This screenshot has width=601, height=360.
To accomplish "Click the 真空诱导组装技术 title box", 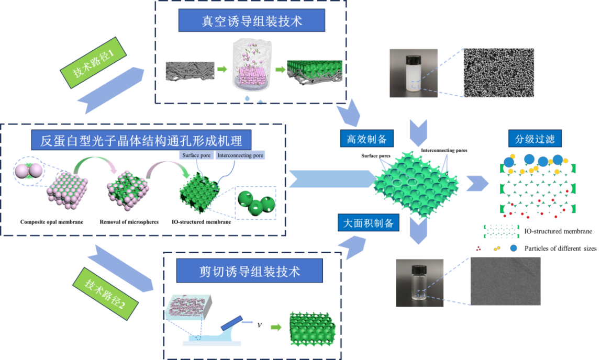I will pyautogui.click(x=251, y=21).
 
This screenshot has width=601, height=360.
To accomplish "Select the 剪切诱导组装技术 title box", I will pyautogui.click(x=249, y=272).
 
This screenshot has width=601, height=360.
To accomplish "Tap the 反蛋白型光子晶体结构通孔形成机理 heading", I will pyautogui.click(x=141, y=140).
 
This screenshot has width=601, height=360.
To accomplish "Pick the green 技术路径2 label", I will pyautogui.click(x=105, y=293).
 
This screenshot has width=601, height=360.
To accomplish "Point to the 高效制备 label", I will pyautogui.click(x=366, y=139).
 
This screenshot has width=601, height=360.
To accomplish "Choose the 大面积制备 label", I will pyautogui.click(x=368, y=223).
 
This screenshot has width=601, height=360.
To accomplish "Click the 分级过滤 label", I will pyautogui.click(x=535, y=139).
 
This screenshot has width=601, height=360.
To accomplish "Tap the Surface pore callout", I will pyautogui.click(x=196, y=155).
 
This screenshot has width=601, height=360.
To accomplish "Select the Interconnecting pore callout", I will pyautogui.click(x=240, y=155).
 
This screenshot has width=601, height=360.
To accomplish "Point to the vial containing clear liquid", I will pyautogui.click(x=419, y=283).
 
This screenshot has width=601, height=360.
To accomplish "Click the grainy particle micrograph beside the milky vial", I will pyautogui.click(x=499, y=73).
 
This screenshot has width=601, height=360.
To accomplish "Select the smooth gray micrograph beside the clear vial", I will pyautogui.click(x=505, y=281).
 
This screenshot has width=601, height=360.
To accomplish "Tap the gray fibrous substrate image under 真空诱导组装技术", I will pyautogui.click(x=190, y=71).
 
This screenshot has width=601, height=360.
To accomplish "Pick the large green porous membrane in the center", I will pyautogui.click(x=417, y=183).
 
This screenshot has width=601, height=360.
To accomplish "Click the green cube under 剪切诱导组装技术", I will pyautogui.click(x=312, y=329).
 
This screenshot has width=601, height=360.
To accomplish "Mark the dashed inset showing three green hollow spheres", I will pyautogui.click(x=255, y=203).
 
